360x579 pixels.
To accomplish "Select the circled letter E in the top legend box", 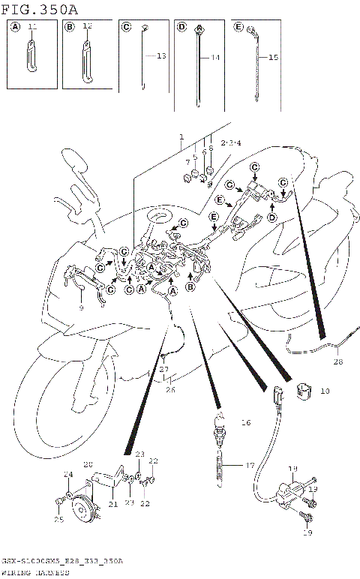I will click(x=238, y=27).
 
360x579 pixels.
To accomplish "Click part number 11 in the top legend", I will click(x=31, y=27).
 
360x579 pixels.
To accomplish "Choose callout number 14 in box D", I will click(x=215, y=58).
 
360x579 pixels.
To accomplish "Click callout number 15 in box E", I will click(x=272, y=58).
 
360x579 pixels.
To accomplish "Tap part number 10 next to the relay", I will click(x=325, y=391).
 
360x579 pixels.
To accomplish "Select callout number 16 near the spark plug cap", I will click(x=245, y=423).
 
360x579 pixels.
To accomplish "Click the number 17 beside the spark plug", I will click(x=250, y=465).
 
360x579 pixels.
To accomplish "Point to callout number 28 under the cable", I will click(x=337, y=361).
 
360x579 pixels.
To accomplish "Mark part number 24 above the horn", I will click(x=68, y=474).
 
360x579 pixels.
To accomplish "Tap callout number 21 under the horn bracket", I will click(x=114, y=504).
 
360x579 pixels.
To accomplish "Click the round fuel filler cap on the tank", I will click(x=161, y=217).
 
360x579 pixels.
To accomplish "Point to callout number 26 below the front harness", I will click(x=170, y=388).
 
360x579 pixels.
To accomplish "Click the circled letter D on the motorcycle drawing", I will click(x=272, y=216).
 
